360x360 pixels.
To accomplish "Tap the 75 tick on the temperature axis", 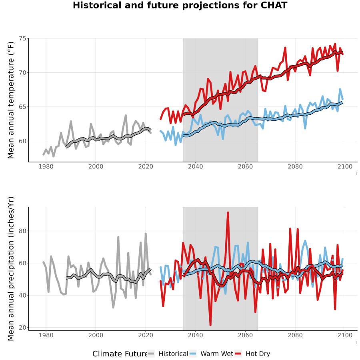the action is (x=22, y=38).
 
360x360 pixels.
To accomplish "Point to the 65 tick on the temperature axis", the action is (x=22, y=107).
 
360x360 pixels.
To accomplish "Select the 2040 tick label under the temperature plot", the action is (x=195, y=166).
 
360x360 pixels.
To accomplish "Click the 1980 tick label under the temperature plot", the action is (x=46, y=166).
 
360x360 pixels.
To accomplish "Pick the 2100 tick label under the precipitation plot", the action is (x=345, y=335).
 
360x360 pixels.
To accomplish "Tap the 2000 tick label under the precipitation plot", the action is (x=96, y=335).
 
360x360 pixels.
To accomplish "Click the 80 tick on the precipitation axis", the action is (x=22, y=231).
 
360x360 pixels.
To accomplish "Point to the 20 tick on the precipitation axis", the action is (x=22, y=327).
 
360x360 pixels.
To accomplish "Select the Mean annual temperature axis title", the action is (x=11, y=100).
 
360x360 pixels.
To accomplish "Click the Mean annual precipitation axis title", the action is (x=11, y=269).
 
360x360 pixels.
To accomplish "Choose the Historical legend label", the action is (x=173, y=354).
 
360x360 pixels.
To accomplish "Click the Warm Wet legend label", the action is (x=217, y=354).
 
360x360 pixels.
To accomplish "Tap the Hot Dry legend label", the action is (x=258, y=354).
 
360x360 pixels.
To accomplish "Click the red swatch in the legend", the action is (x=238, y=354).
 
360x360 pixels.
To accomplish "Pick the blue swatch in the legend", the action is (x=193, y=354).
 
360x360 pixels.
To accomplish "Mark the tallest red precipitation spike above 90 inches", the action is (x=228, y=213).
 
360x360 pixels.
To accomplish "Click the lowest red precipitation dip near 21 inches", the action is (x=210, y=325).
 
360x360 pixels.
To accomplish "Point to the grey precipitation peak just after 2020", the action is (x=146, y=234).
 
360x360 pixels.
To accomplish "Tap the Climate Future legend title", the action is (x=120, y=354).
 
